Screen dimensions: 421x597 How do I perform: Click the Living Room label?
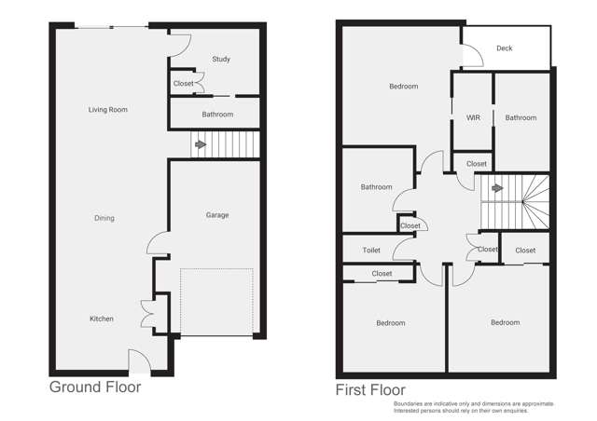point(107,110)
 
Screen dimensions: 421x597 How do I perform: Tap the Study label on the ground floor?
point(221,60)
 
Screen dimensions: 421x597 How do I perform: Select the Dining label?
point(104,218)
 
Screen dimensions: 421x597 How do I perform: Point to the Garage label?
point(217,215)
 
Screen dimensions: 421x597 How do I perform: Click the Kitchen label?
point(101,319)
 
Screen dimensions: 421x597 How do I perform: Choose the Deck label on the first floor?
point(504,48)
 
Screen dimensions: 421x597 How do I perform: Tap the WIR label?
point(473,118)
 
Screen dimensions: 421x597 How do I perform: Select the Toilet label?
point(371,251)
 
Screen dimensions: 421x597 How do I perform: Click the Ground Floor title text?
point(94,387)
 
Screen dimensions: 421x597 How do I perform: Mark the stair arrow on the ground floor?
point(199,144)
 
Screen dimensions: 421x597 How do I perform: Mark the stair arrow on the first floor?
point(497,188)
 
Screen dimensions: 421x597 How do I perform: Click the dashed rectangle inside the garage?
point(216,302)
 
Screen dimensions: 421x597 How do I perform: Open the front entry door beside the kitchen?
point(136,360)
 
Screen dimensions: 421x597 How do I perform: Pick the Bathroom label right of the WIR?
point(521,118)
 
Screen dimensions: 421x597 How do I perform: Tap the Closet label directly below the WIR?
point(476,164)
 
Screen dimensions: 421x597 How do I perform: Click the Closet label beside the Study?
point(184,84)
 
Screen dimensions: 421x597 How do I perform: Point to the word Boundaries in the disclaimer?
point(411,403)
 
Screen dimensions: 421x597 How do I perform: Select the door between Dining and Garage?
point(157,244)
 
